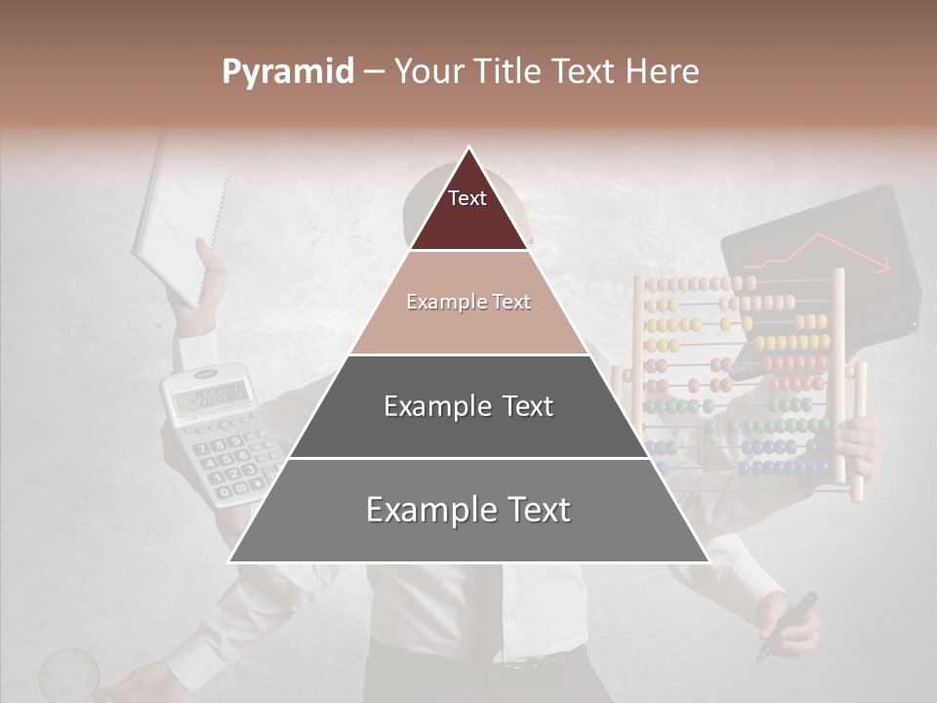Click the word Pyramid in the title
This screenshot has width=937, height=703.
click(287, 72)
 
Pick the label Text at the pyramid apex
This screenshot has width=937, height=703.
click(468, 198)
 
